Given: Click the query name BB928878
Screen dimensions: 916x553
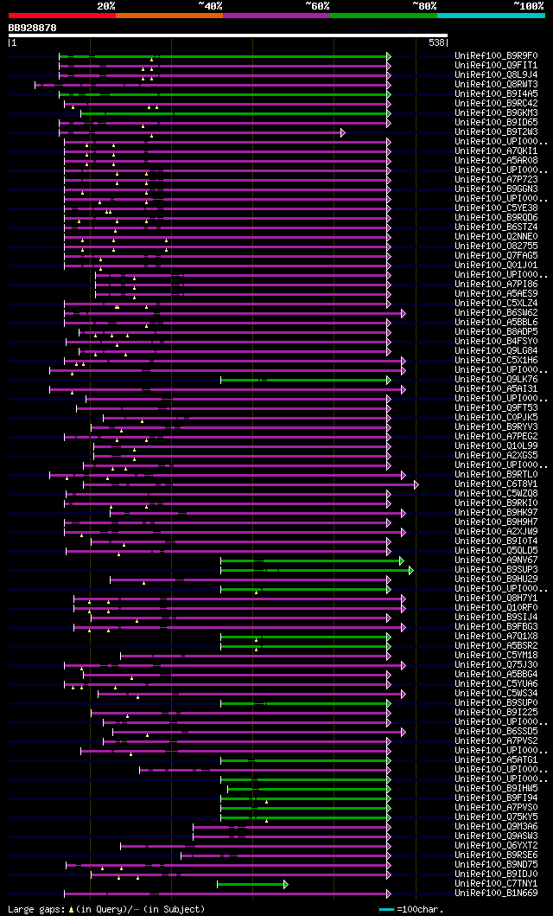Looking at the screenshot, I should point(33,28).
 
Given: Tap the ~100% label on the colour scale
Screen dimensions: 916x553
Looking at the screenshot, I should point(528,5).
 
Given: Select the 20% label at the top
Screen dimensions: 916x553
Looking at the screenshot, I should point(106,5).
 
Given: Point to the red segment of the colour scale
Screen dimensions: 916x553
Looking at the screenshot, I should point(61,15).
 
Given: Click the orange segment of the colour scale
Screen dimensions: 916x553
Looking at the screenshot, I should point(168,15).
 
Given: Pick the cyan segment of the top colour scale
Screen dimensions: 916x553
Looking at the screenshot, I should point(491,15).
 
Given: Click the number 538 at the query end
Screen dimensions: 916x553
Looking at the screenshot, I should point(436,42).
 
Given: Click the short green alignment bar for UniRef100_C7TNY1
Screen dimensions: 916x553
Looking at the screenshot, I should point(251,884).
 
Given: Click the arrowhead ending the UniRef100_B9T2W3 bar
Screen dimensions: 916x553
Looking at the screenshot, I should point(343,132).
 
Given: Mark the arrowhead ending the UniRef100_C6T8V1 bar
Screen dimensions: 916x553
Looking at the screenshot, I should point(416,484).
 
